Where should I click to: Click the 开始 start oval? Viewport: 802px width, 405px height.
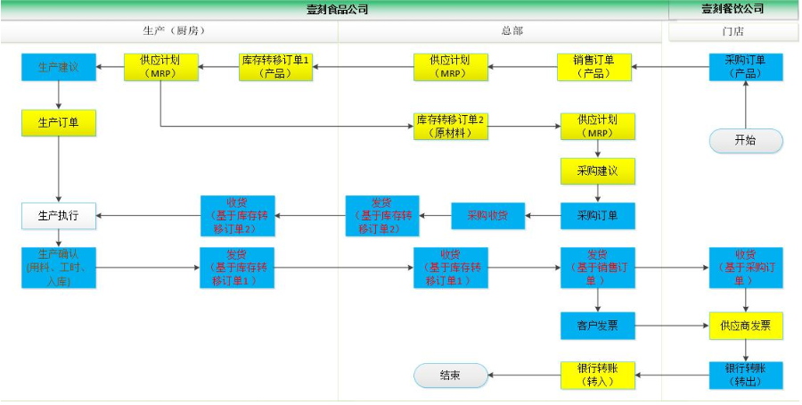click(746, 141)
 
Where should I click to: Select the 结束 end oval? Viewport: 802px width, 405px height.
click(451, 376)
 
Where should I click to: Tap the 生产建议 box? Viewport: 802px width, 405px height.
click(59, 68)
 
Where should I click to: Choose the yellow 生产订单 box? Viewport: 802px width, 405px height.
click(59, 122)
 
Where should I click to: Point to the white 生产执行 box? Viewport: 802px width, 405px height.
click(59, 215)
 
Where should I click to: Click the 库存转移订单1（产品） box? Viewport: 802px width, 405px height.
click(276, 68)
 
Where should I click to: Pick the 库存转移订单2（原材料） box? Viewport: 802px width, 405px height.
click(451, 126)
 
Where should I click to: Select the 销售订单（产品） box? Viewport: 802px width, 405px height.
click(595, 68)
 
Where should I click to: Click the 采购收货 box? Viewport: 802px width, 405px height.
click(487, 215)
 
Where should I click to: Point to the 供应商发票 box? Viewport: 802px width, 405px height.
click(746, 326)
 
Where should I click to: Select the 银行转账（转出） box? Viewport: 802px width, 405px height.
click(746, 376)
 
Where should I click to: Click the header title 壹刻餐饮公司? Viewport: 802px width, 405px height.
click(733, 9)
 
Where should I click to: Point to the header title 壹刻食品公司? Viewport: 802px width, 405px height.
click(337, 9)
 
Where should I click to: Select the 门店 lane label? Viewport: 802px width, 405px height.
click(733, 31)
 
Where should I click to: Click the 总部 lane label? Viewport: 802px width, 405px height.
click(511, 31)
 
